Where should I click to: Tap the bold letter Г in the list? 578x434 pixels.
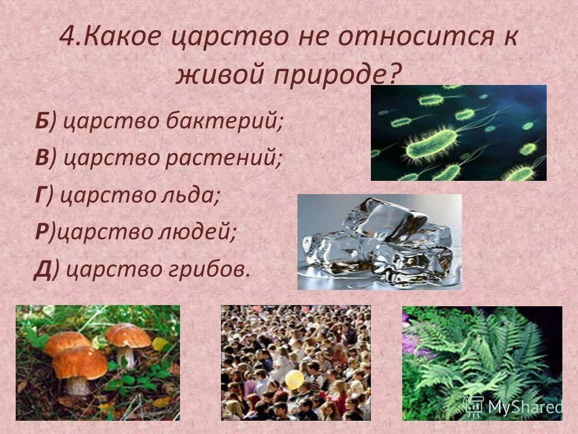pyautogui.click(x=40, y=195)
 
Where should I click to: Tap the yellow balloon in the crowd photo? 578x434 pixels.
pyautogui.click(x=294, y=379)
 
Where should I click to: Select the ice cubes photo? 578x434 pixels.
pyautogui.click(x=379, y=241)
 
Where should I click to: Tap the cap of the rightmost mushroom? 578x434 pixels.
pyautogui.click(x=128, y=335)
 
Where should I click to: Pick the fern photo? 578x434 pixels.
pyautogui.click(x=482, y=362)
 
